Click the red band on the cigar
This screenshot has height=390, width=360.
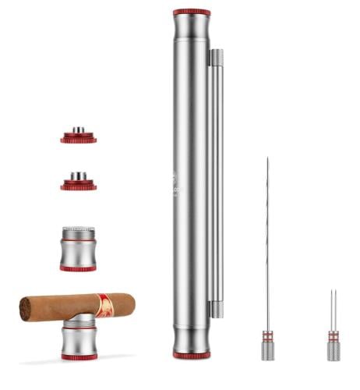coord(104,305)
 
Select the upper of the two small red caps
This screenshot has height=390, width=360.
coord(79,138)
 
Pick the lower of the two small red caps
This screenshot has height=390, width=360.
coord(79,184)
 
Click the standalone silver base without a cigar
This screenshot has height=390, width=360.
coord(78,250)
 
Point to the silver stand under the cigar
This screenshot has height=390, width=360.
coord(79,337)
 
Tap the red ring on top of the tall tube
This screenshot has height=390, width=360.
coord(191,12)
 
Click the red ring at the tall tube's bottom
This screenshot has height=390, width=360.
coord(191,355)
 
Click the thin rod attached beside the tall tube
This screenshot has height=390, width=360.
coord(217,179)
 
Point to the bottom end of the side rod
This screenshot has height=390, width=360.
coord(217,309)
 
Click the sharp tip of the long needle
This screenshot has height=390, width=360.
coord(266,161)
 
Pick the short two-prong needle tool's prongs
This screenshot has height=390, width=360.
coord(333,309)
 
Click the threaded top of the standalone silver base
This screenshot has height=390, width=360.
coord(78,232)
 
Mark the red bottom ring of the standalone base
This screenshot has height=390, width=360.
coord(78,268)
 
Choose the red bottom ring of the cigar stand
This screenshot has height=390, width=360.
coord(79,356)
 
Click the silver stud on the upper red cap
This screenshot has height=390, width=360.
coord(79,130)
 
